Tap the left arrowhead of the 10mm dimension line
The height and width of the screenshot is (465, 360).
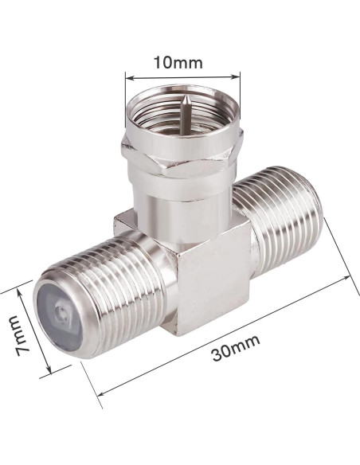tap(127, 77)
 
